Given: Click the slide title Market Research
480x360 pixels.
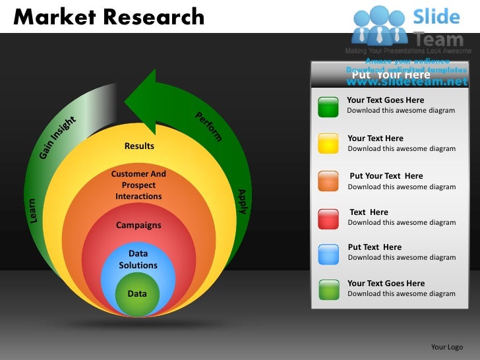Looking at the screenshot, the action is pyautogui.click(x=109, y=16).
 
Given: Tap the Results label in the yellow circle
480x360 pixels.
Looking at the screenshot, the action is pyautogui.click(x=139, y=146).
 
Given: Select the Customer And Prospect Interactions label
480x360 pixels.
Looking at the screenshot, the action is pyautogui.click(x=138, y=185).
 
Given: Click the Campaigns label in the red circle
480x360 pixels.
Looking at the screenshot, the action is pyautogui.click(x=138, y=225).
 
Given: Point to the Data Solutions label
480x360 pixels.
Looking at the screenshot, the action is pyautogui.click(x=138, y=259).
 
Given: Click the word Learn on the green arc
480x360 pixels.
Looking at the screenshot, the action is pyautogui.click(x=32, y=209).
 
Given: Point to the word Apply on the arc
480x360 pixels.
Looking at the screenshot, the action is pyautogui.click(x=242, y=201).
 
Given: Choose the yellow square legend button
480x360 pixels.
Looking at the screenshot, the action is pyautogui.click(x=328, y=143).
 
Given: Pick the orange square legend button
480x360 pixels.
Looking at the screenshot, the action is pyautogui.click(x=328, y=181).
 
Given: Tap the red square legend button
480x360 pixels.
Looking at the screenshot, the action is pyautogui.click(x=328, y=218).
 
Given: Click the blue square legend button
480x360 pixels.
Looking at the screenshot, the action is pyautogui.click(x=328, y=253).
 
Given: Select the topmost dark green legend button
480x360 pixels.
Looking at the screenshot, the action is pyautogui.click(x=328, y=106).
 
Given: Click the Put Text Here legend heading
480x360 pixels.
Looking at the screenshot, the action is pyautogui.click(x=374, y=247).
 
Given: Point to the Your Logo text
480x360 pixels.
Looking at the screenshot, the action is pyautogui.click(x=446, y=347).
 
